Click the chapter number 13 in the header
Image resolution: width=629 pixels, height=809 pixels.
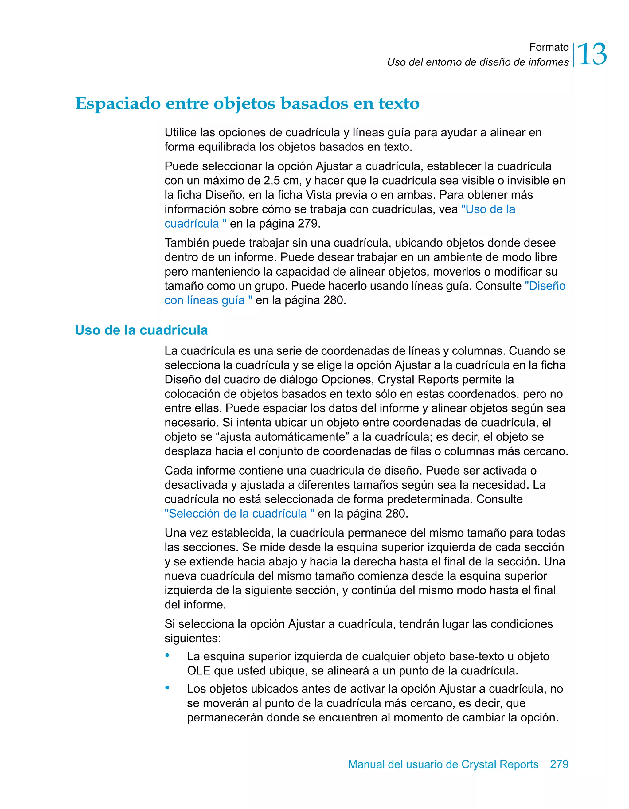point(592,54)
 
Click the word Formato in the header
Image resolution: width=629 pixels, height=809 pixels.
point(549,47)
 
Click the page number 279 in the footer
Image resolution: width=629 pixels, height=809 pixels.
point(559,764)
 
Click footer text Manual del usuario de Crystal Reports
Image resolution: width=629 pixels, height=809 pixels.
point(443,764)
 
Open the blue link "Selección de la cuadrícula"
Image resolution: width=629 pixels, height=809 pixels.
point(239,514)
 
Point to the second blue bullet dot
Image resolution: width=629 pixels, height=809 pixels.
point(167,688)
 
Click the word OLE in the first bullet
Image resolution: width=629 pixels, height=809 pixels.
point(198,670)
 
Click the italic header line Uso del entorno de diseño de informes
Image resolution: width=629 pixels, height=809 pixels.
point(478,62)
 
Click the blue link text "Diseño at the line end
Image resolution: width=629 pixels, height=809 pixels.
point(545,286)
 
